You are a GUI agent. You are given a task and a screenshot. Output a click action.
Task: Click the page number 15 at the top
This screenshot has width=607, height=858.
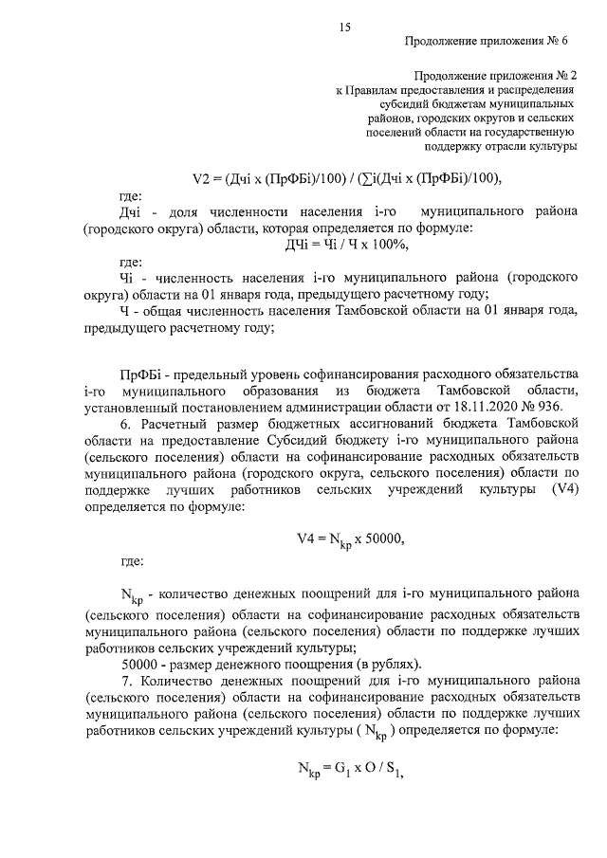pos(344,28)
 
